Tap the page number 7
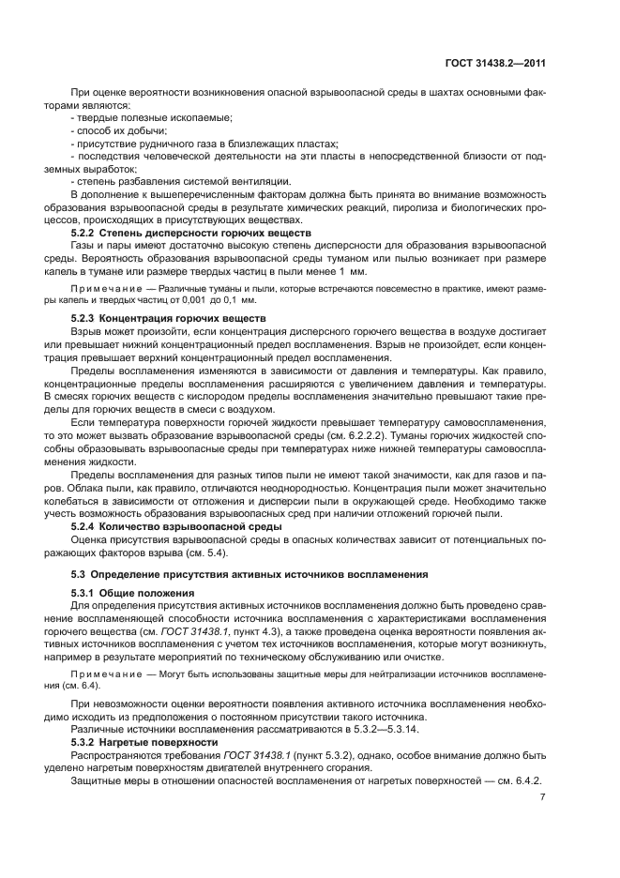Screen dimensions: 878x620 tap(543, 796)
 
